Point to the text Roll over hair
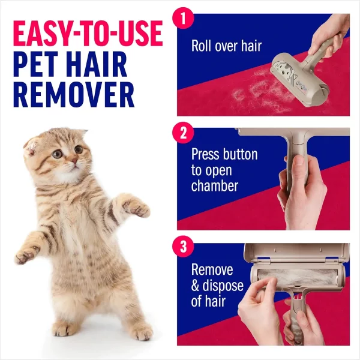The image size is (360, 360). click(226, 46)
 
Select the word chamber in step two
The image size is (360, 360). click(215, 187)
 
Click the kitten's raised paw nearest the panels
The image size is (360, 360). click(139, 208)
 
